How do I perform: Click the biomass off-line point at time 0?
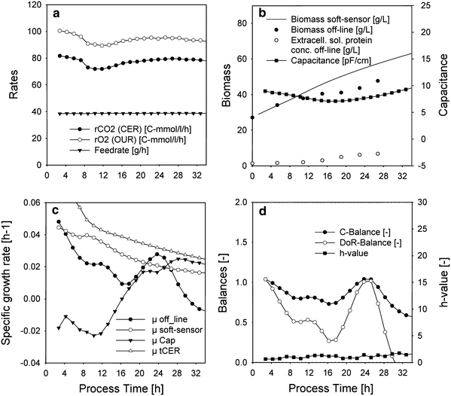click(x=252, y=117)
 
